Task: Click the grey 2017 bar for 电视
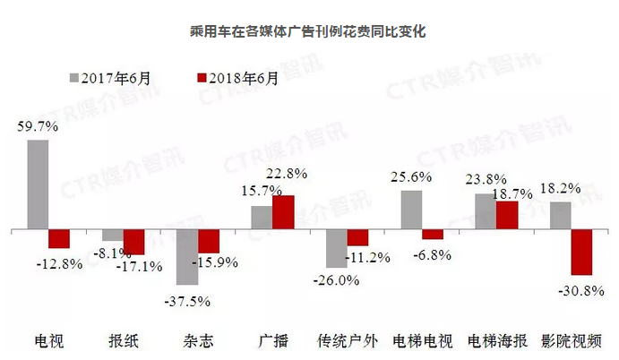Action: click(38, 185)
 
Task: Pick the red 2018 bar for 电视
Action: click(59, 239)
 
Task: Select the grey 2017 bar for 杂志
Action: click(187, 257)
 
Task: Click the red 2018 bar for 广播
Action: click(283, 213)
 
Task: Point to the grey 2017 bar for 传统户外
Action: click(336, 249)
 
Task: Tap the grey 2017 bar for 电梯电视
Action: click(411, 210)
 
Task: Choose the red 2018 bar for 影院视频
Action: click(581, 253)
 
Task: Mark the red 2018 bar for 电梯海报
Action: click(507, 216)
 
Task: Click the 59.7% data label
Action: click(38, 127)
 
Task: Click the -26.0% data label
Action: click(338, 279)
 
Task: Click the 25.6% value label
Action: click(411, 177)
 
